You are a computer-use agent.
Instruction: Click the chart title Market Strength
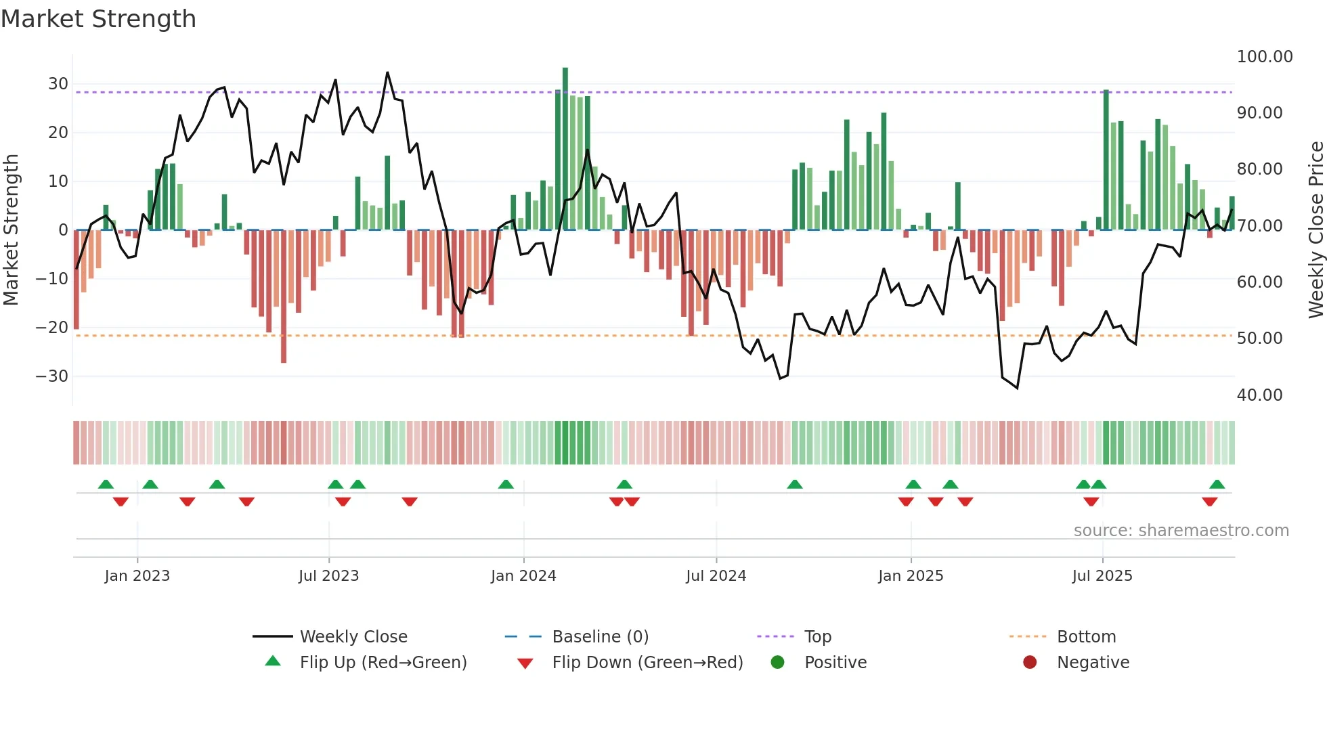pos(98,19)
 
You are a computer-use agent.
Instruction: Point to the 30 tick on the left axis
pos(58,84)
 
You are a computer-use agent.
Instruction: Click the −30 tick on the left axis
pos(53,376)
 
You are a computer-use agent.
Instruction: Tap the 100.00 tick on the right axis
pos(1264,57)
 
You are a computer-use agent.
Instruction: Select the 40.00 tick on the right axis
pos(1259,395)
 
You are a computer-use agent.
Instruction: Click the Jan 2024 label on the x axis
pos(523,576)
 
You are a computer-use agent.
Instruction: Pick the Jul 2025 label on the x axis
pos(1102,576)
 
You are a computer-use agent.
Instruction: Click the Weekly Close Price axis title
pos(1315,230)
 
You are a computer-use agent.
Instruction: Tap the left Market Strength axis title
pos(11,230)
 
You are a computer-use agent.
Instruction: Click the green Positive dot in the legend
pos(777,663)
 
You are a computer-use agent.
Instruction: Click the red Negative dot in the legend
pos(1030,663)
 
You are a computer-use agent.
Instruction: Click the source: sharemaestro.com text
pos(1181,531)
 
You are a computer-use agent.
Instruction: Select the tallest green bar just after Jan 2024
pos(565,149)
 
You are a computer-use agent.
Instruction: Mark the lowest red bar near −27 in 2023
pos(284,298)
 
